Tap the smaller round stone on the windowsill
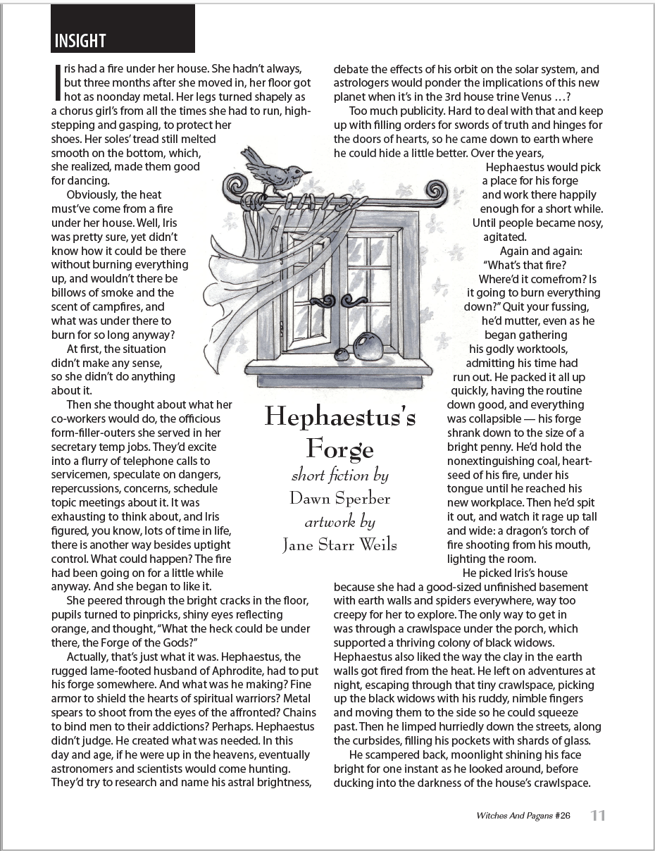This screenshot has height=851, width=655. pos(342,354)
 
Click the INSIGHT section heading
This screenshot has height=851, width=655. pos(80,41)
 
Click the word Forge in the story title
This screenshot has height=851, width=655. pos(339,448)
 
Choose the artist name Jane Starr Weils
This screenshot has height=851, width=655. pos(339,545)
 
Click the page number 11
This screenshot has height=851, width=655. pos(597,816)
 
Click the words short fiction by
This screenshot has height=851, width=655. pos(339,476)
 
